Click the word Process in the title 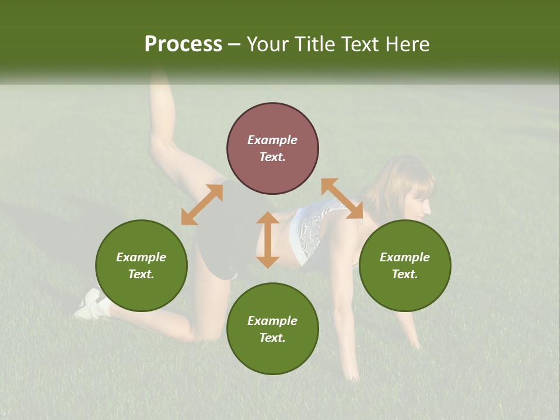(183, 44)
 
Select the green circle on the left (141, 265)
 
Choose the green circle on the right (405, 265)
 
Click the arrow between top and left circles (202, 204)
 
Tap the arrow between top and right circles (342, 199)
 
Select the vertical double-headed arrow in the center (268, 240)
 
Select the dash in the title (234, 45)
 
